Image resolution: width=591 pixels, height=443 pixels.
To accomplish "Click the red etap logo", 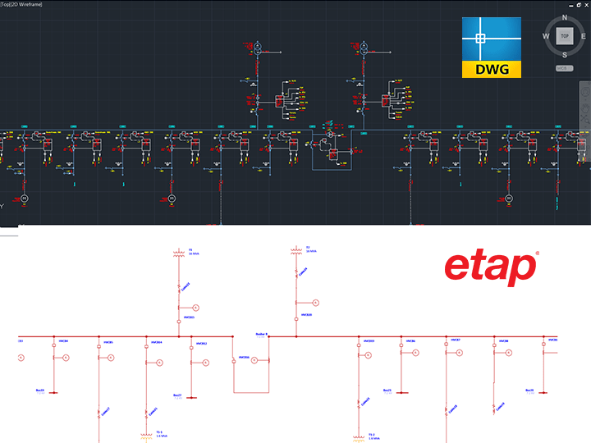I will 491,268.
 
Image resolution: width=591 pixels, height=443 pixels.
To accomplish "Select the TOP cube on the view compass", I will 564,36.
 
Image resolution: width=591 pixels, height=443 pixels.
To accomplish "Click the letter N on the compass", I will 564,16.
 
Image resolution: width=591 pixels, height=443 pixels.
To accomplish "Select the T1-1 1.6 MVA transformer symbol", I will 147,435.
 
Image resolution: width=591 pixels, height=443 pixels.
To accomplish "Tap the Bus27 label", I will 176,395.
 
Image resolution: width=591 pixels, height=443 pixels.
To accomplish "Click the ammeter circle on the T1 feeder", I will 195,307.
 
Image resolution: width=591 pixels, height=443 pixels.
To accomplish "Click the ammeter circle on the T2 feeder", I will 314,303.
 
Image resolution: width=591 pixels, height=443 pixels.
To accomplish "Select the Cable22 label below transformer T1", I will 186,285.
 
